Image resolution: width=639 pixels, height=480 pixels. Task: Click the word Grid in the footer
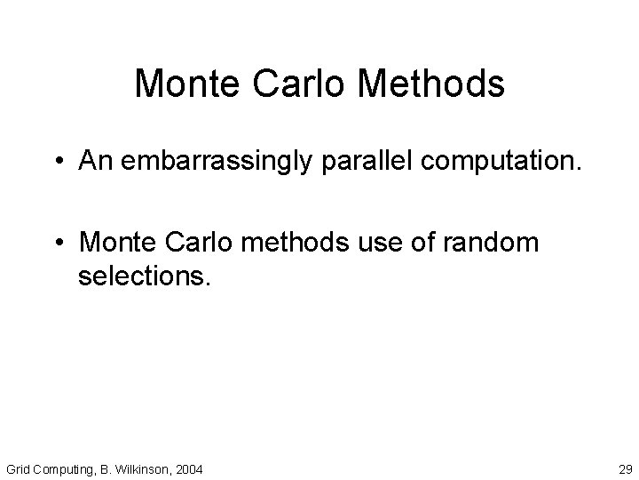[19, 467]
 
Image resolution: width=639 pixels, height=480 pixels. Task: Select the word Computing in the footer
[66, 468]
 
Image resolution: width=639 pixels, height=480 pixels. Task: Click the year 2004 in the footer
[189, 467]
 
